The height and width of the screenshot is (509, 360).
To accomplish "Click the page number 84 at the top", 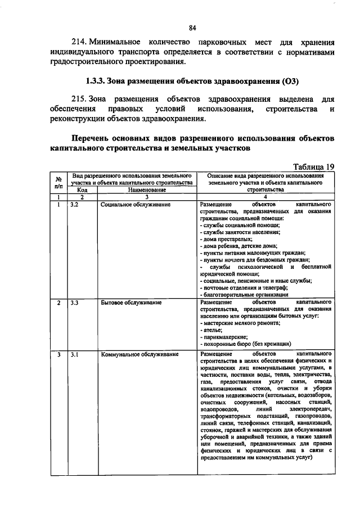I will (x=192, y=28).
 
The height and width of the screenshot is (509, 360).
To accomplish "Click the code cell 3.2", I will (x=74, y=205).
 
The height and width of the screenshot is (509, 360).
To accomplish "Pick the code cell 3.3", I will (x=74, y=303).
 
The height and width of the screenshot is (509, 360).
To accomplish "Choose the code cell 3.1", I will (x=74, y=355).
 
